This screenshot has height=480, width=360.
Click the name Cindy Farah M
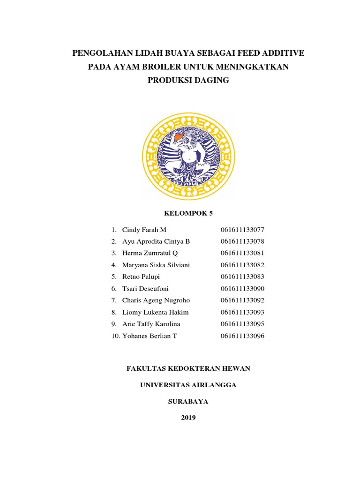pos(144,230)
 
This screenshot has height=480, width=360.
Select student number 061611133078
pos(242,241)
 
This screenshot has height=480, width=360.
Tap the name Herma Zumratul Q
pos(150,253)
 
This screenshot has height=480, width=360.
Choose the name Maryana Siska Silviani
pos(156,265)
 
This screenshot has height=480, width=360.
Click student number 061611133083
pos(242,277)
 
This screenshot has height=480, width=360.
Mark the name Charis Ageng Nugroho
pos(156,300)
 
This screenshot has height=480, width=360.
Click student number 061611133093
pos(242,312)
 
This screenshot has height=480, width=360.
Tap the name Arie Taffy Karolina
pos(151,324)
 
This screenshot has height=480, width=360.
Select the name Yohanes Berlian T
pos(150,336)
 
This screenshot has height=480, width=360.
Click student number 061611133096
pos(242,336)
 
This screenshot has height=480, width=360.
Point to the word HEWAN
pos(236,368)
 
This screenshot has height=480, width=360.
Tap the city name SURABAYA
pos(188,401)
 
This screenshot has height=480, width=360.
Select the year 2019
pos(188,418)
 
